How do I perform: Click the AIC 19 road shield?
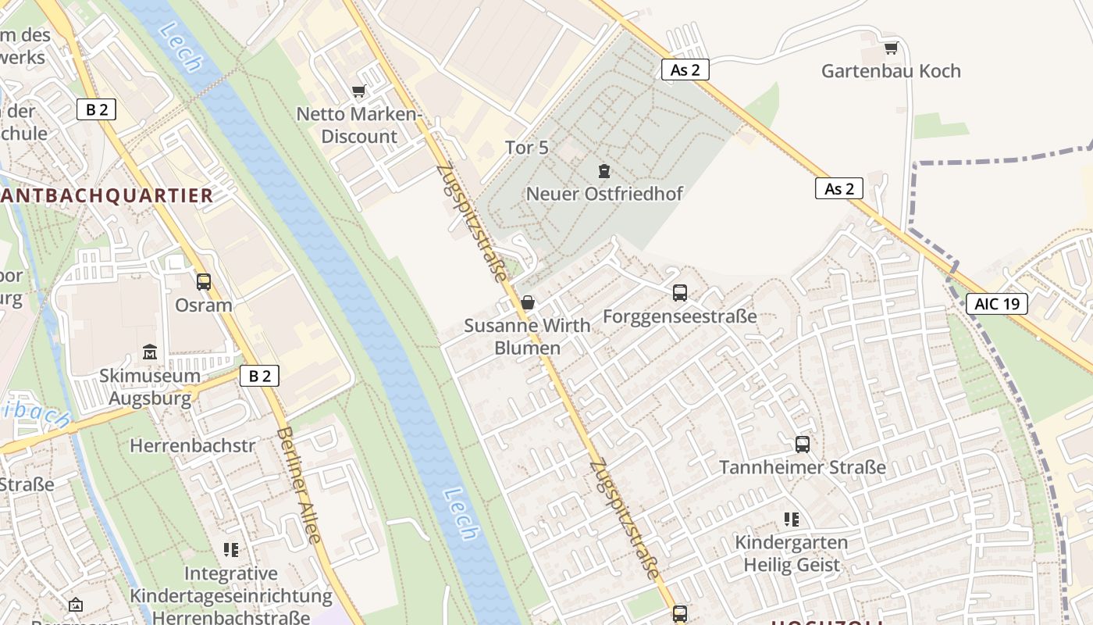click(997, 304)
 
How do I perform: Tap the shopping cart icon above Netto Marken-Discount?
click(359, 91)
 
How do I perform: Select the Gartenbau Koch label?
click(891, 71)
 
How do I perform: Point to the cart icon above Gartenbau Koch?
click(891, 48)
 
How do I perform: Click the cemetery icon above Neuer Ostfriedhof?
click(603, 170)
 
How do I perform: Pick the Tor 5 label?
click(527, 148)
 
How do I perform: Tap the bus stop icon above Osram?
click(204, 282)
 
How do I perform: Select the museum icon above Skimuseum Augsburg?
click(150, 352)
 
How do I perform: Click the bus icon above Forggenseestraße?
click(680, 293)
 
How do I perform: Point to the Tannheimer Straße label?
click(803, 468)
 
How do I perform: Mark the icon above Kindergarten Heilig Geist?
click(792, 520)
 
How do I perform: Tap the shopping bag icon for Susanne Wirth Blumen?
click(528, 302)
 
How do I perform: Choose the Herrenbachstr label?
click(192, 446)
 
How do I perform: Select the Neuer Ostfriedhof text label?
click(604, 194)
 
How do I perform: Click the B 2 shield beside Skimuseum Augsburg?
click(259, 376)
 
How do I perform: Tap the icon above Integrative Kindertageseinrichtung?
click(230, 550)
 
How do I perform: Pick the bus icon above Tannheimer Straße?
click(803, 445)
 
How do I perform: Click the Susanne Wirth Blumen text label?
click(528, 337)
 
